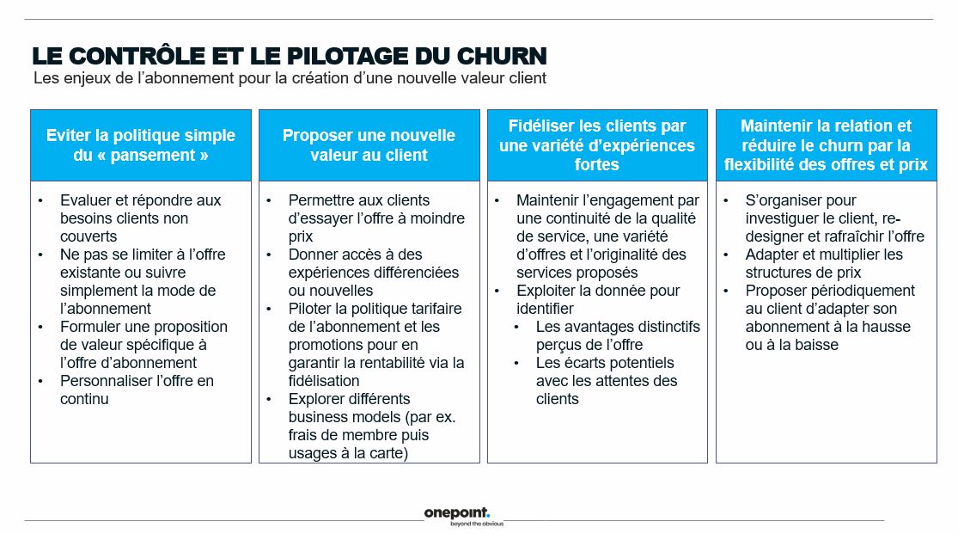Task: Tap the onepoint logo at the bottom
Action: [456, 513]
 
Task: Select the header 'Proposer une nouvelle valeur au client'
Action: [369, 145]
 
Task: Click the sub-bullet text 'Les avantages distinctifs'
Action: [618, 327]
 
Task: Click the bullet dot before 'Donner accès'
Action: [269, 255]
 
